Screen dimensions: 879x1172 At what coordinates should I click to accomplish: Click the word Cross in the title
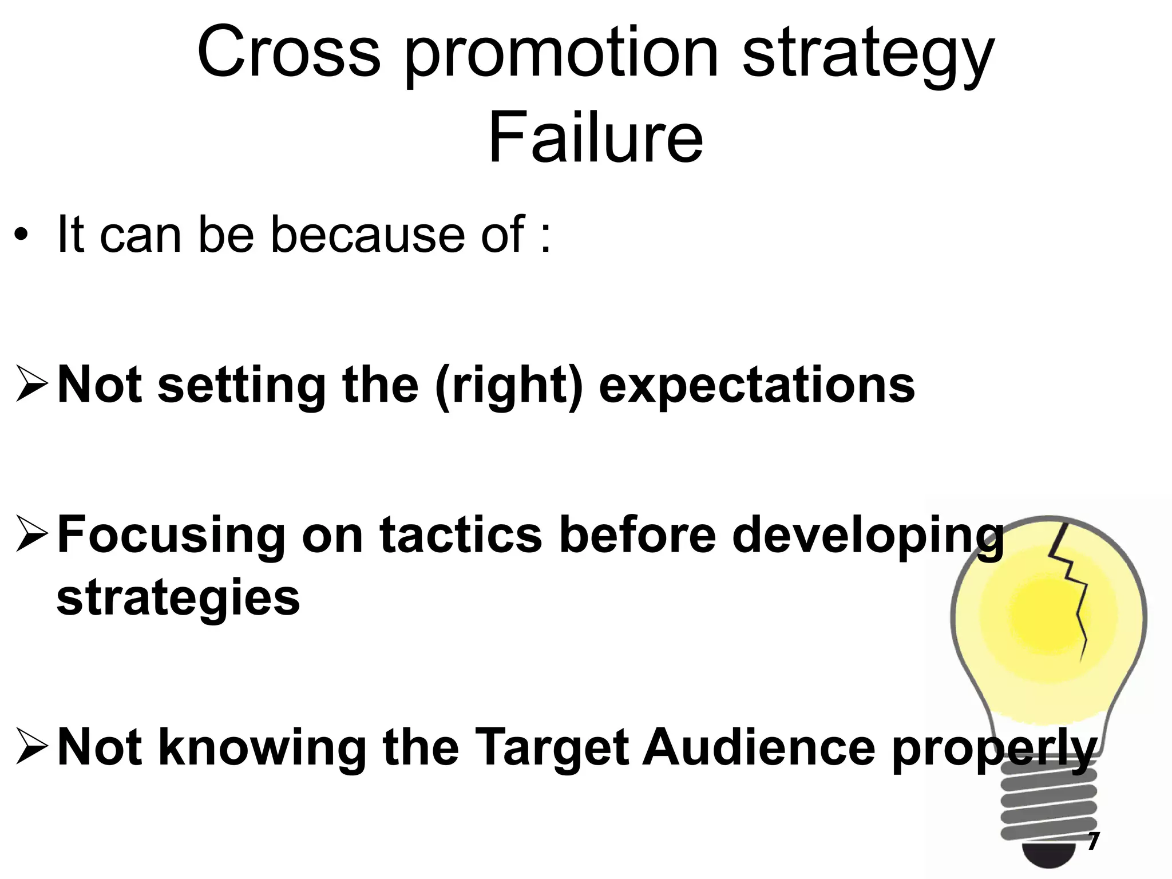click(289, 53)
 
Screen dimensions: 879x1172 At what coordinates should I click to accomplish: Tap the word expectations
click(757, 386)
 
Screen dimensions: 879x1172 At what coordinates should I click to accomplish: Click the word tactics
click(460, 535)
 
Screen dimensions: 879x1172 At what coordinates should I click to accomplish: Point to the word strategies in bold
click(178, 599)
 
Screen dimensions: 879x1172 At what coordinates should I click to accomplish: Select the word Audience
click(759, 746)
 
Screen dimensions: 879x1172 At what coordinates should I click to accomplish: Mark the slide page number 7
click(1093, 841)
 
